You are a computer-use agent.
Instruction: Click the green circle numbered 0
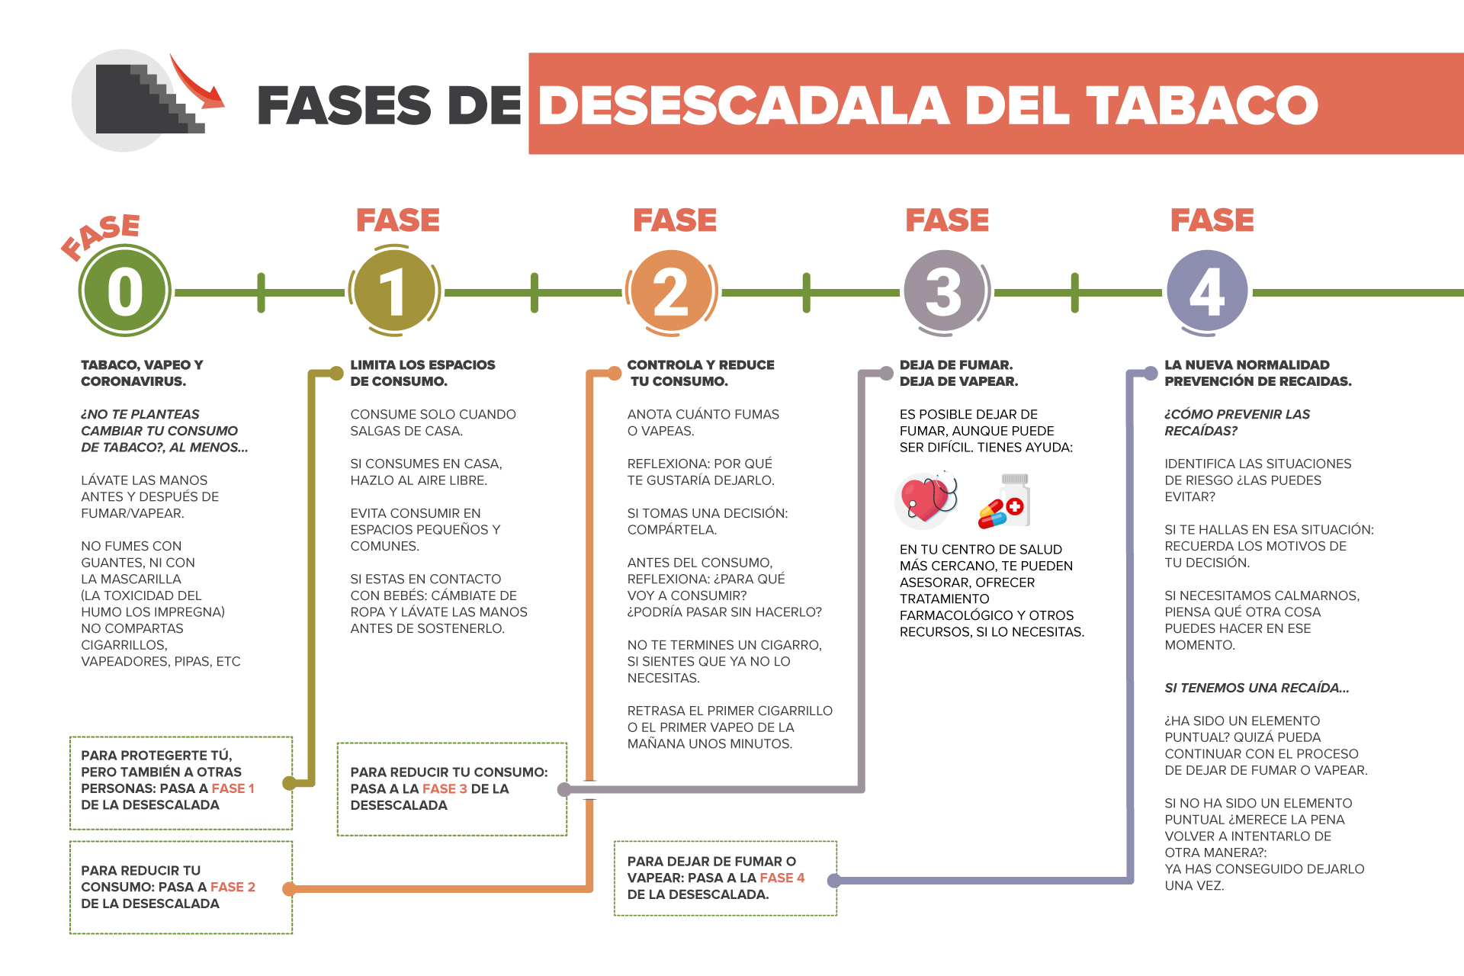point(125,291)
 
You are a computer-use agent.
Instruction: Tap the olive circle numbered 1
point(394,291)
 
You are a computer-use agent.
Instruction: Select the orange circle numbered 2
point(671,291)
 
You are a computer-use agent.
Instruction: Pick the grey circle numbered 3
point(944,291)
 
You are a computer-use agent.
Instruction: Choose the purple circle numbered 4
point(1207,291)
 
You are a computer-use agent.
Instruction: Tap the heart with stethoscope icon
point(926,499)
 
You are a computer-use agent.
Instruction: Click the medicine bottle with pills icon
point(1005,501)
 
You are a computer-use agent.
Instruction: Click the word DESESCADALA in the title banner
point(743,104)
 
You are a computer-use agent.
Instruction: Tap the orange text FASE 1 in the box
point(233,788)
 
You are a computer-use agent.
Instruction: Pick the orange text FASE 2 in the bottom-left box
point(233,887)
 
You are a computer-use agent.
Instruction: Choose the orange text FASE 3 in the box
point(445,788)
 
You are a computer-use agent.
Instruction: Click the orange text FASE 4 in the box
point(782,878)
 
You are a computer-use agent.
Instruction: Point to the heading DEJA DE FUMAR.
point(956,365)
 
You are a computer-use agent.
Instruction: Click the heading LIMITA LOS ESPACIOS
point(422,365)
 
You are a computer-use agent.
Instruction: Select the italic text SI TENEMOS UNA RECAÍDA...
point(1256,688)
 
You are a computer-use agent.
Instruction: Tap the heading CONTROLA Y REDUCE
point(700,365)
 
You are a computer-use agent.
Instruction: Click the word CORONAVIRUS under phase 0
point(133,381)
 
